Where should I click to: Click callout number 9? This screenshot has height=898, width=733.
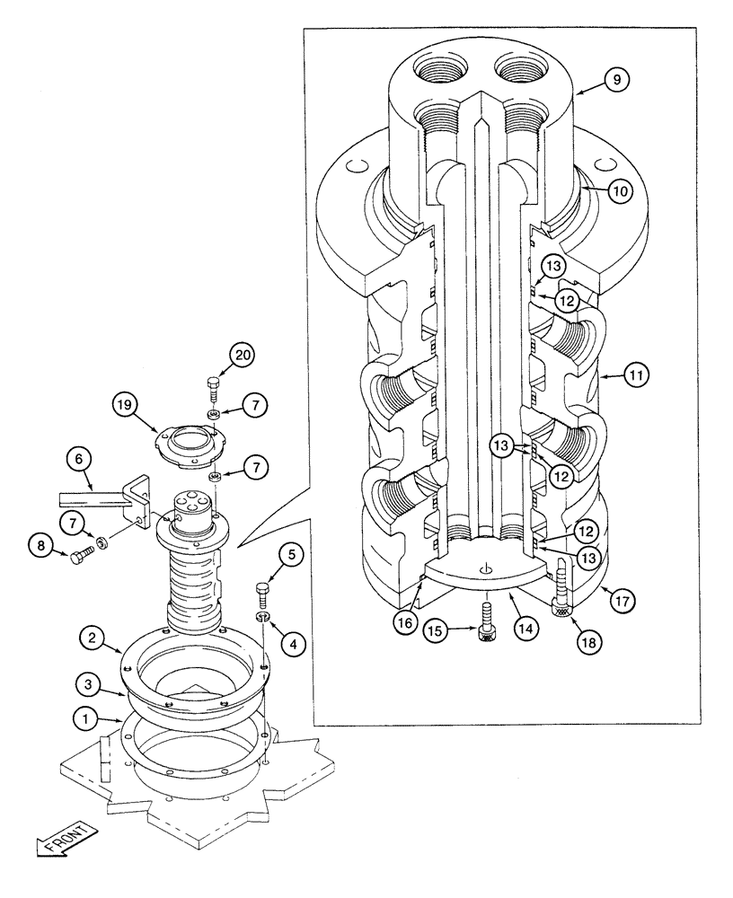(616, 80)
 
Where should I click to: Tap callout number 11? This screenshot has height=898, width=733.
(634, 375)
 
